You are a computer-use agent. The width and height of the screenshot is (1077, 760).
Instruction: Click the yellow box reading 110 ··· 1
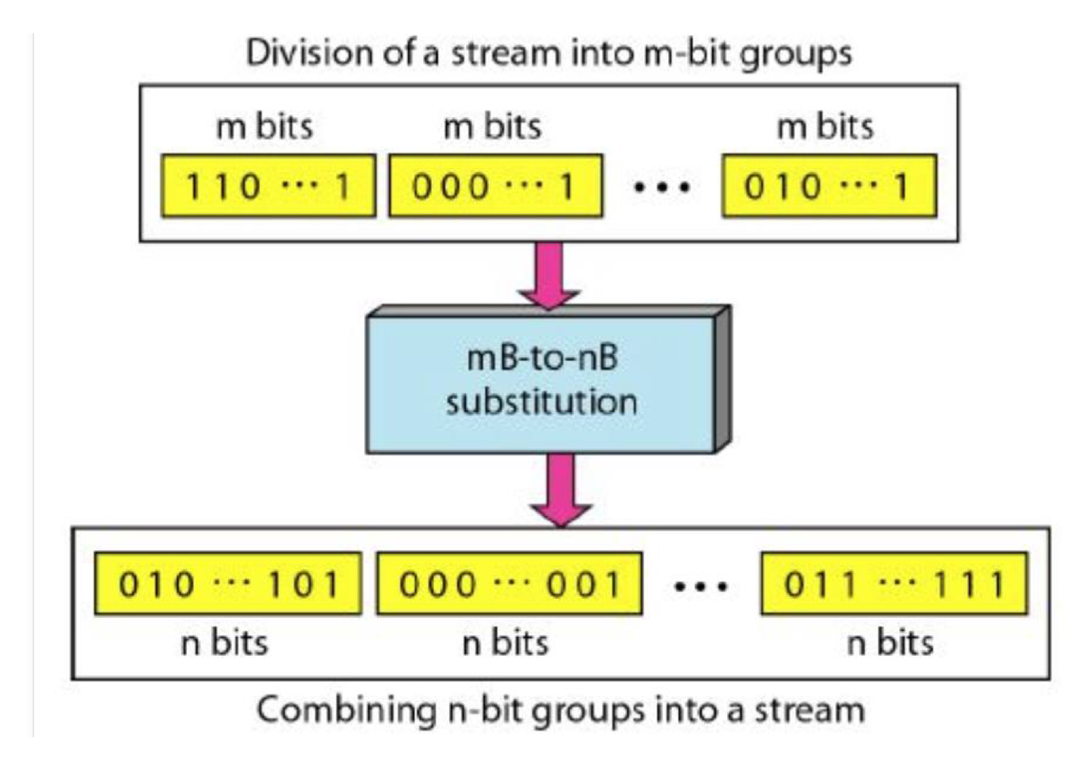268,186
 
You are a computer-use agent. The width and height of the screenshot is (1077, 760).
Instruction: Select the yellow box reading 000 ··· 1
495,186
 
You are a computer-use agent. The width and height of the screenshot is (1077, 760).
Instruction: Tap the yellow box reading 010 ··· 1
828,186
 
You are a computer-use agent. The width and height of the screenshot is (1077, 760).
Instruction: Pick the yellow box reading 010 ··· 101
227,584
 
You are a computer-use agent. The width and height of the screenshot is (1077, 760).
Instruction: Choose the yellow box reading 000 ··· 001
508,584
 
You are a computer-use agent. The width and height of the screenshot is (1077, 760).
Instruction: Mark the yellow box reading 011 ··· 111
894,584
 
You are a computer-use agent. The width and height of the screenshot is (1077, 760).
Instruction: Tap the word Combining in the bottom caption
344,711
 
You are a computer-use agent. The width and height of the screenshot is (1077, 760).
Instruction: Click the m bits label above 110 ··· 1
264,126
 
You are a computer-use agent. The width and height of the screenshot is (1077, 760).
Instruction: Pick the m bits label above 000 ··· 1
492,126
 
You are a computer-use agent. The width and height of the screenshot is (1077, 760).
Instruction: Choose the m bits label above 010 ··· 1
825,126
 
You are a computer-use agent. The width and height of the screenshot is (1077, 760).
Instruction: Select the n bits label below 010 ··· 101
224,643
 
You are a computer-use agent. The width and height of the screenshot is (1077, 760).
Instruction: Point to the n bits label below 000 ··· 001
505,643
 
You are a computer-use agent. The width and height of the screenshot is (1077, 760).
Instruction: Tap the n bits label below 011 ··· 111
889,643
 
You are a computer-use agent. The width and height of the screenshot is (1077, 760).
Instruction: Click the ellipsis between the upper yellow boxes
661,187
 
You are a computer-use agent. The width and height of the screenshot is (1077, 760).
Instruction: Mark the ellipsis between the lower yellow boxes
701,586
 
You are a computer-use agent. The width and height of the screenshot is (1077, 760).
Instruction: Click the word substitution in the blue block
541,401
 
